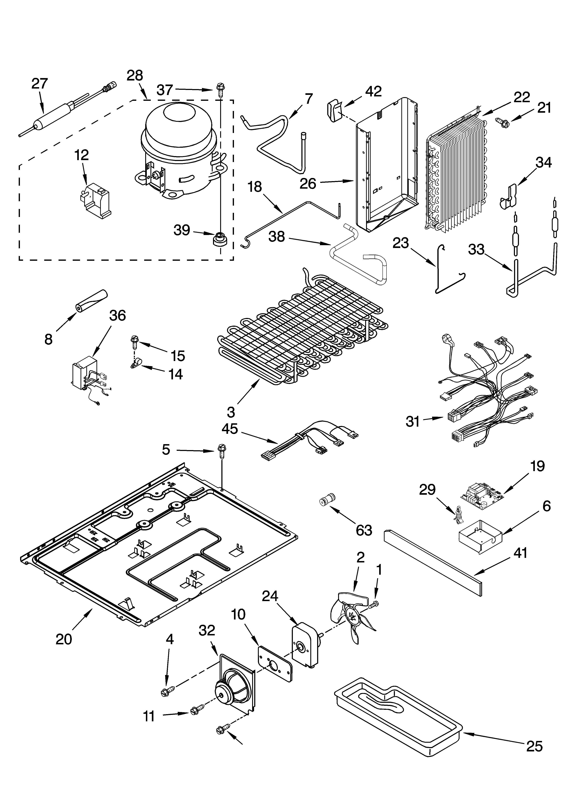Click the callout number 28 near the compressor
coord(135,76)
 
